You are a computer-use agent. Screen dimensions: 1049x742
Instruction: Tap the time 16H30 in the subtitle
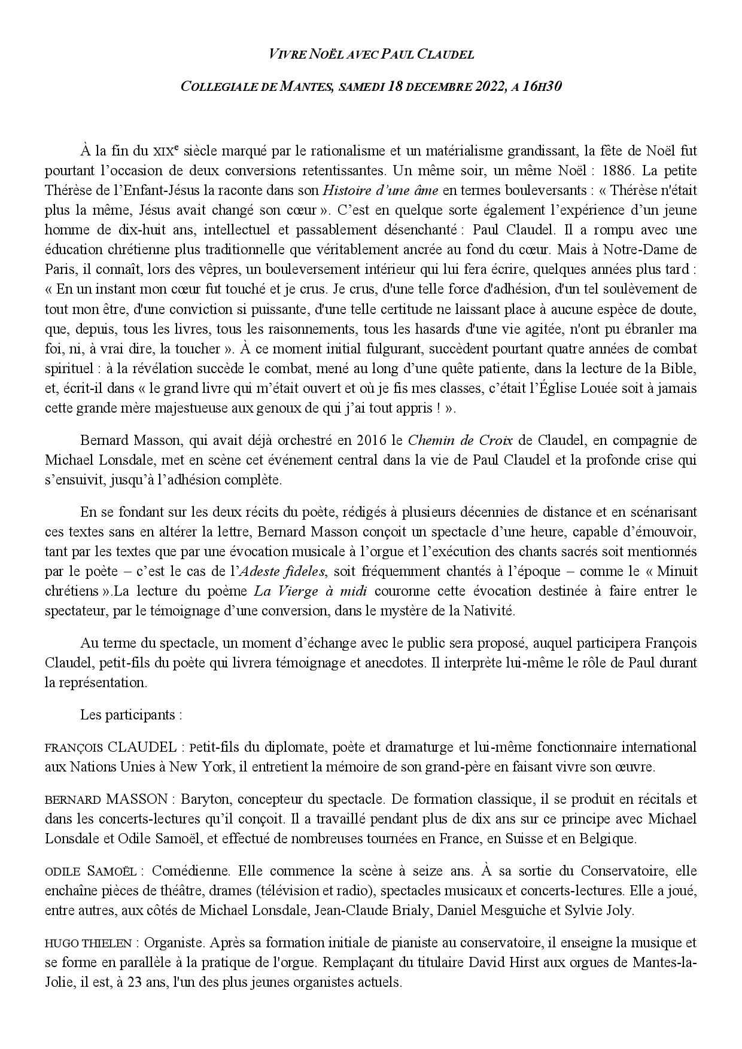tap(542, 86)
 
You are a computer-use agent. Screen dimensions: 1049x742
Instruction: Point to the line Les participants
tap(130, 715)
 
